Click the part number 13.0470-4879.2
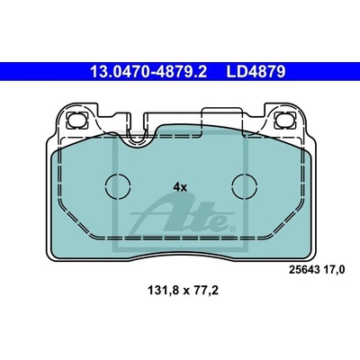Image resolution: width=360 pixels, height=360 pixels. (148, 72)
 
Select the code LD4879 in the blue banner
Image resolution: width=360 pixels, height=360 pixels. (256, 72)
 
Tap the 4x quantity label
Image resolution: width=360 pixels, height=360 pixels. (180, 188)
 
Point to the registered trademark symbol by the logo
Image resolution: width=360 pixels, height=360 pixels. (232, 229)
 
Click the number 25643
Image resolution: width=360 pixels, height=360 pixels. (304, 270)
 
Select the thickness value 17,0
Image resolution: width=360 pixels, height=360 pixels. (334, 271)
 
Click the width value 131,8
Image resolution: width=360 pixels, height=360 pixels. (162, 290)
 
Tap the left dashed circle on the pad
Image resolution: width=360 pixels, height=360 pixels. (118, 186)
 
